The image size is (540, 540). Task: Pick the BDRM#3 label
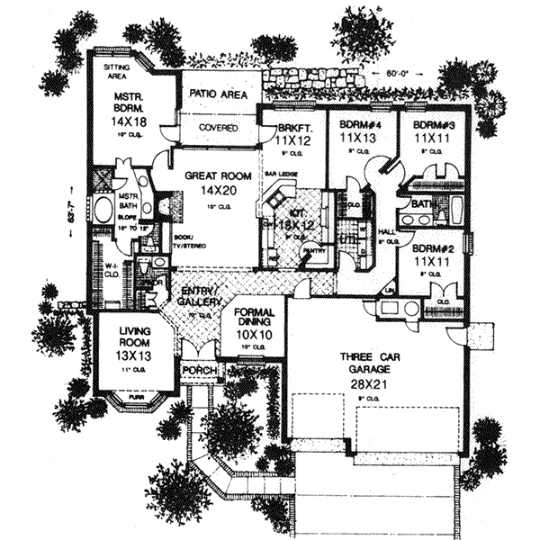click(422, 126)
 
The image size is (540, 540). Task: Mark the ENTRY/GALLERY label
click(197, 295)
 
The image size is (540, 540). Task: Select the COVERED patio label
click(219, 128)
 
